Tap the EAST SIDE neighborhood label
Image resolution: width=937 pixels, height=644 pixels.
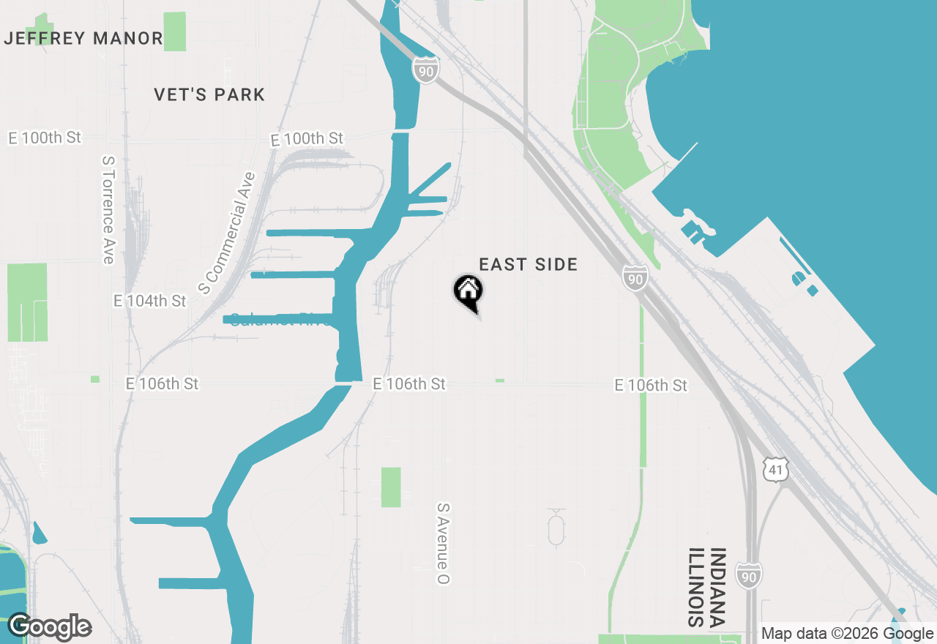tap(528, 264)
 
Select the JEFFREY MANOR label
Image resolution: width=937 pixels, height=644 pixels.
tap(83, 38)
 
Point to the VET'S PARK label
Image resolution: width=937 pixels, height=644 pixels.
tap(209, 94)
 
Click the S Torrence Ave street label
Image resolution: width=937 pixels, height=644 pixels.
tap(108, 209)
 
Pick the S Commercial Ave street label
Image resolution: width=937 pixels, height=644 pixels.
tap(228, 233)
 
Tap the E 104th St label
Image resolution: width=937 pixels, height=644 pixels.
tap(150, 301)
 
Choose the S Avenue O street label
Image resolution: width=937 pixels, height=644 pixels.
tap(443, 543)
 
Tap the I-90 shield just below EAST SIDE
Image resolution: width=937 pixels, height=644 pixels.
tap(635, 278)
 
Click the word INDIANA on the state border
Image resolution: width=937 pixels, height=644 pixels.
tap(717, 587)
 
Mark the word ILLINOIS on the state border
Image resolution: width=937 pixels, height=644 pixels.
tap(695, 587)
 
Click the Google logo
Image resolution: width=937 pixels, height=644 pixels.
tap(50, 626)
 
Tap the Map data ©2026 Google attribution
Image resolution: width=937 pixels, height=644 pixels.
tap(848, 634)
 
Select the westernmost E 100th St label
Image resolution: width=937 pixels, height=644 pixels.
tap(45, 138)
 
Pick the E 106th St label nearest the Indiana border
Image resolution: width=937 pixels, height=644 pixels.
tap(651, 385)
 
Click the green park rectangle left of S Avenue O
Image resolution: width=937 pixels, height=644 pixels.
tap(391, 487)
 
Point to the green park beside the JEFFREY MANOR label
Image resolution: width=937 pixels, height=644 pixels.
tap(175, 31)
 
